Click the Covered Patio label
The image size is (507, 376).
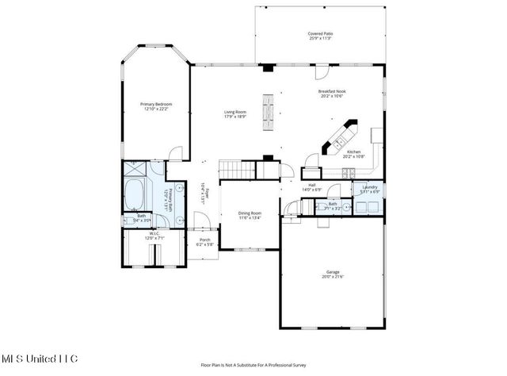coord(320,36)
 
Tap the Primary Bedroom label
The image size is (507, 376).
coord(156,107)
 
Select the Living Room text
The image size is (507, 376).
coord(234,113)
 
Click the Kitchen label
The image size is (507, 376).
coord(353,154)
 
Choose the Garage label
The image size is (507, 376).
coord(332,274)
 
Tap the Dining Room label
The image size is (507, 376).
coord(250,215)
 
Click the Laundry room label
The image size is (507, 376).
coord(370,190)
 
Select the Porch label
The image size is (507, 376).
coord(205,242)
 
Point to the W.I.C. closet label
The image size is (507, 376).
coord(154,235)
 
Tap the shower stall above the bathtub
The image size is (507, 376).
coord(134,169)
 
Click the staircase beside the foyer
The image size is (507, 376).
coord(235,168)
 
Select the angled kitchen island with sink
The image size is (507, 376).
coord(338,137)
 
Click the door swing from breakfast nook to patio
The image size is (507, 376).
coord(321,72)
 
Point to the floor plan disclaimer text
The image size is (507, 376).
coord(253,366)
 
